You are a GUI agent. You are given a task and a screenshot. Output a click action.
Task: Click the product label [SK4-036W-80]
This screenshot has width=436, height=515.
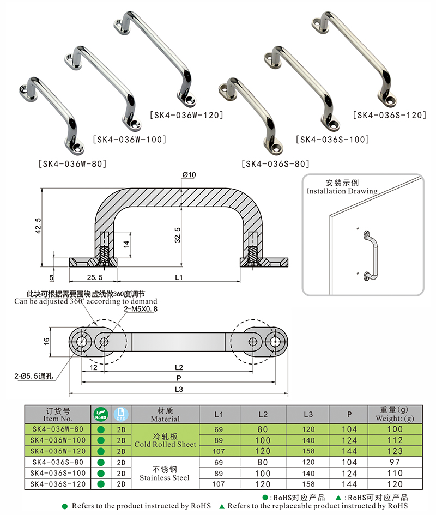72,163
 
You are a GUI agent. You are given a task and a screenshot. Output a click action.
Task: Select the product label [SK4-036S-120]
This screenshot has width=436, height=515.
389,115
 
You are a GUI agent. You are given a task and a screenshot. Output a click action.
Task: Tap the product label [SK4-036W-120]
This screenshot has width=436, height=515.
186,115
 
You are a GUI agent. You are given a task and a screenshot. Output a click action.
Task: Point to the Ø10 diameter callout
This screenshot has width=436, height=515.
189,174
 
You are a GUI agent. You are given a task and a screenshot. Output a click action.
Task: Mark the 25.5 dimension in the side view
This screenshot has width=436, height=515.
90,278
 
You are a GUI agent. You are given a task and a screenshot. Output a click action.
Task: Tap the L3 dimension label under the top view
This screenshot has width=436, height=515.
178,389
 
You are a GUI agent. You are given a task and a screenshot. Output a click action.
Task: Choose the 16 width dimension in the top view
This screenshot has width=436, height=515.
46,341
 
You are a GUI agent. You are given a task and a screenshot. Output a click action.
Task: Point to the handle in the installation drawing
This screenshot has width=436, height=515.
371,256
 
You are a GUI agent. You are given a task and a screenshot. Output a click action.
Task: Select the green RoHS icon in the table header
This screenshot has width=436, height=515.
101,414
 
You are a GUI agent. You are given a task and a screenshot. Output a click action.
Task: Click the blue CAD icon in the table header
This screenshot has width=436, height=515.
121,414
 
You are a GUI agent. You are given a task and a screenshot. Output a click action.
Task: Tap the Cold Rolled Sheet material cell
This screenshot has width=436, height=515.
165,440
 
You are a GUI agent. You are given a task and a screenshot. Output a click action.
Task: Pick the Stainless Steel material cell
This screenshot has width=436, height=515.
165,474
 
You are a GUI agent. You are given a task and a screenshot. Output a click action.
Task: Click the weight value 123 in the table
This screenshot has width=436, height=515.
395,451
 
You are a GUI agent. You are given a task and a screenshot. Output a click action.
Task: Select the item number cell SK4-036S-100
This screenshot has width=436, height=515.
57,473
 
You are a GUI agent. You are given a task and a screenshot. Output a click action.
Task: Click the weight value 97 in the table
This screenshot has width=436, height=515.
395,462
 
